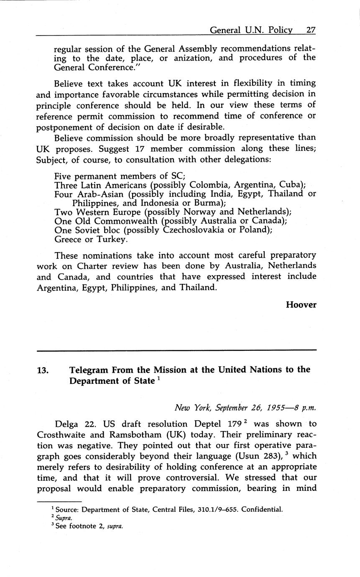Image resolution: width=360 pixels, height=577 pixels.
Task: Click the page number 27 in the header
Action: [x=311, y=30]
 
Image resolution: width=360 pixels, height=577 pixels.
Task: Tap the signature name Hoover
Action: [x=301, y=305]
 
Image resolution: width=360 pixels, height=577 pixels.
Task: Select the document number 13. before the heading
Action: [x=44, y=370]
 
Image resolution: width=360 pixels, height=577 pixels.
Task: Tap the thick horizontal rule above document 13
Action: [x=176, y=350]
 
